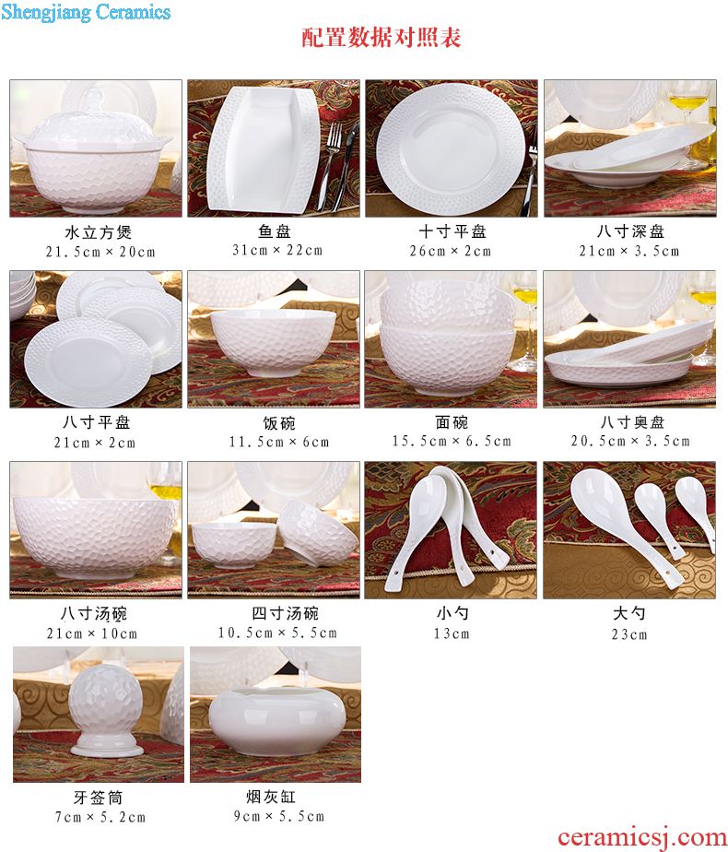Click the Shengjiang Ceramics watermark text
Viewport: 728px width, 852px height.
[86, 12]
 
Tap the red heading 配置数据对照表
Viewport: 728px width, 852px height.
[382, 38]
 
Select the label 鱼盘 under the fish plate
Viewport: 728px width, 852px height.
[275, 231]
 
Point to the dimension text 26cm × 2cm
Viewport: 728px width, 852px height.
[451, 251]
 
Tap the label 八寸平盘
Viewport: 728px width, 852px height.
[96, 422]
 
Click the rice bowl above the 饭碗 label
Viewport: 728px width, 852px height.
[273, 343]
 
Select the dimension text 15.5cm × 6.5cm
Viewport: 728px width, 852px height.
[452, 441]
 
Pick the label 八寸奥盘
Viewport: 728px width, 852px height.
[632, 422]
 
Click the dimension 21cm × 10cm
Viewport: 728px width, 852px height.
[92, 633]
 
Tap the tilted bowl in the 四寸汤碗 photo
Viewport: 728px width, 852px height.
[318, 534]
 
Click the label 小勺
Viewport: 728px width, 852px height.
[452, 613]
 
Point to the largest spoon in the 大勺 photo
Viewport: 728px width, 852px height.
[624, 527]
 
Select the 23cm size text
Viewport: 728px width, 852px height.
[629, 634]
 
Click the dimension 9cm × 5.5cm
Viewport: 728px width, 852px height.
[279, 816]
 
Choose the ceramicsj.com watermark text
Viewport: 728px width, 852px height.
[641, 838]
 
